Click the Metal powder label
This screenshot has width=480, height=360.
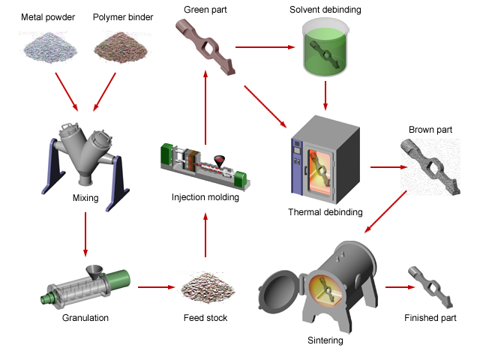(x=48, y=17)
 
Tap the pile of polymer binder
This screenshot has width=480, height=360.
(x=121, y=46)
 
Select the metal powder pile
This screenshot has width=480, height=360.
(x=49, y=47)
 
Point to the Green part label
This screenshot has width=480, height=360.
(x=205, y=10)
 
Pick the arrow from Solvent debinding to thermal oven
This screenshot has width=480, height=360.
(x=325, y=95)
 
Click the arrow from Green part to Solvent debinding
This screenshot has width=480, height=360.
(x=265, y=47)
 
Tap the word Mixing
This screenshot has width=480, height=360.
(x=85, y=198)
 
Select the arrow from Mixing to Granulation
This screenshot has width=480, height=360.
(x=85, y=234)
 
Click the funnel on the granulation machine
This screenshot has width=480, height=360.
(x=94, y=271)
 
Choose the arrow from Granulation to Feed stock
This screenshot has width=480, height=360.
(x=157, y=287)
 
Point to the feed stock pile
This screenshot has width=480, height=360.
(x=208, y=287)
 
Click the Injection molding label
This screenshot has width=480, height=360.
(x=205, y=197)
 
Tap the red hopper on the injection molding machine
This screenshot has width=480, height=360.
(x=219, y=161)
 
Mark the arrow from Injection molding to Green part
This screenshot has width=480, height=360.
(x=205, y=107)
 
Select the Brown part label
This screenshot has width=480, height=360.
(x=430, y=130)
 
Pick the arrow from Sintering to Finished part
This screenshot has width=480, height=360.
(x=400, y=287)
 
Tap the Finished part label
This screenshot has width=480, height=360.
(x=430, y=318)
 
